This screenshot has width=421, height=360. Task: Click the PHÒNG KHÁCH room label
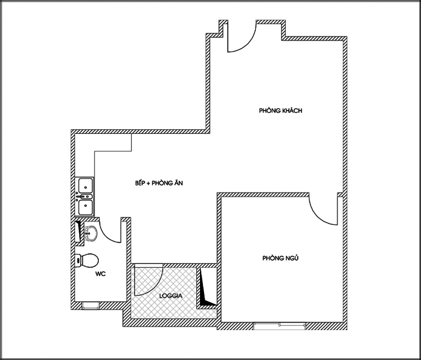click(280, 110)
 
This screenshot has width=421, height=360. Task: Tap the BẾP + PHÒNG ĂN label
click(159, 183)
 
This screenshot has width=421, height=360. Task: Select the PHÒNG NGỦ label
click(280, 258)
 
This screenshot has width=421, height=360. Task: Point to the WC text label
click(101, 274)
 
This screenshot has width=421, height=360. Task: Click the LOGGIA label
click(171, 296)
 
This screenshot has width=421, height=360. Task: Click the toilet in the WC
click(87, 260)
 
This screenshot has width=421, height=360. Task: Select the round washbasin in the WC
click(91, 233)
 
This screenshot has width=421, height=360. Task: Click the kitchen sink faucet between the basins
click(84, 197)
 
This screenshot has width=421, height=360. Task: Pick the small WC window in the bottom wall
click(91, 305)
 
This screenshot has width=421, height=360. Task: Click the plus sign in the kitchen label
click(148, 183)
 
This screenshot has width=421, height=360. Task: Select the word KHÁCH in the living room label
click(291, 110)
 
